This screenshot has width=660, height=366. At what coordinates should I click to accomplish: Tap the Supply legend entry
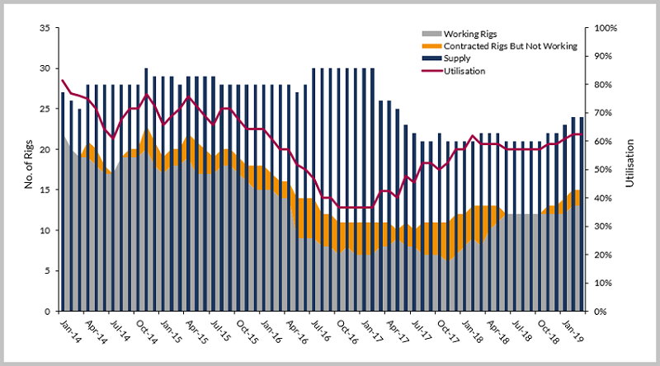coord(458,59)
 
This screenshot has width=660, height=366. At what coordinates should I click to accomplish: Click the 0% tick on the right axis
coord(596,312)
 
